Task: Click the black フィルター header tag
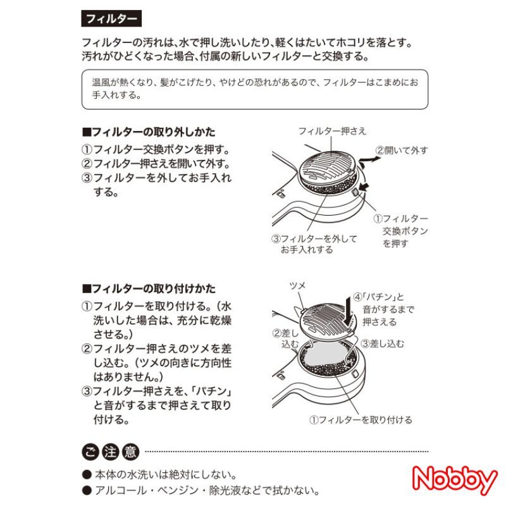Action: [x=111, y=18]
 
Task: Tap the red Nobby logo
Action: [x=455, y=480]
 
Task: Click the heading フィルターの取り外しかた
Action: [x=149, y=132]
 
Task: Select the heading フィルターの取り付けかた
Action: [x=149, y=288]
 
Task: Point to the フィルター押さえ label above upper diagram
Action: [x=333, y=131]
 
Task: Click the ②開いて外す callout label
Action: [x=402, y=151]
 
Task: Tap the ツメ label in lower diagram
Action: [x=297, y=286]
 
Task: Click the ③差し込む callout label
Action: [x=383, y=343]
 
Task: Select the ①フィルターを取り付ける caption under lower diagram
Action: [x=361, y=420]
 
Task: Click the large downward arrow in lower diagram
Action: [x=349, y=311]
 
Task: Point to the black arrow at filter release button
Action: [x=364, y=186]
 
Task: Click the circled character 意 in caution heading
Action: [x=130, y=452]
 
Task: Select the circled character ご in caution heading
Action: [x=90, y=452]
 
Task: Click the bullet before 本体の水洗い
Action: [x=87, y=474]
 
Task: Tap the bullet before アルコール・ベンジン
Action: [x=87, y=491]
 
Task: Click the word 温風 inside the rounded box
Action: [x=101, y=83]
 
